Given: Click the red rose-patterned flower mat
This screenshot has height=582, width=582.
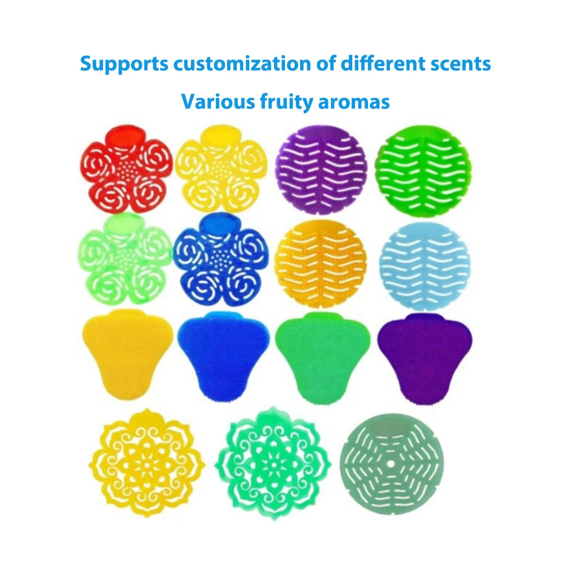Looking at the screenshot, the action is click(x=127, y=169).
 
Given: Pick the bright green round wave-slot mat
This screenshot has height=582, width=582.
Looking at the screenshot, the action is click(x=423, y=170).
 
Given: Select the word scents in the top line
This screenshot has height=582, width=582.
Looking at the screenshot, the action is click(x=461, y=64).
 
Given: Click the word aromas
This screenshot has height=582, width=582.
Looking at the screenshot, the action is click(x=355, y=102).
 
